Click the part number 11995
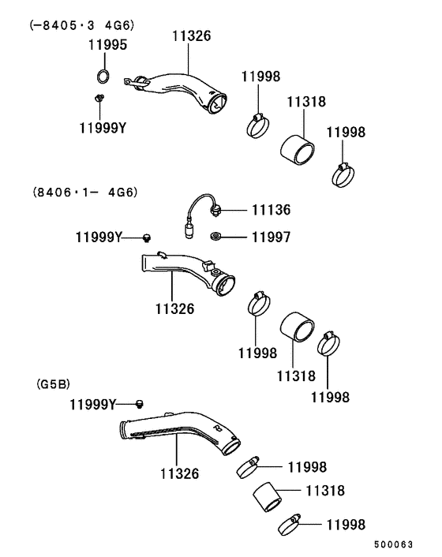(107, 47)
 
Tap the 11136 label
(271, 210)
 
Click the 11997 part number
(271, 236)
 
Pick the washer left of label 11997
(215, 236)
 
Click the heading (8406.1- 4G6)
(79, 192)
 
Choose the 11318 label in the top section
(306, 103)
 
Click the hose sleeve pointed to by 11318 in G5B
(268, 498)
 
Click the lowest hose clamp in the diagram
(289, 522)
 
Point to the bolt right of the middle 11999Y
(147, 237)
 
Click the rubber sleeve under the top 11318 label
(299, 143)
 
